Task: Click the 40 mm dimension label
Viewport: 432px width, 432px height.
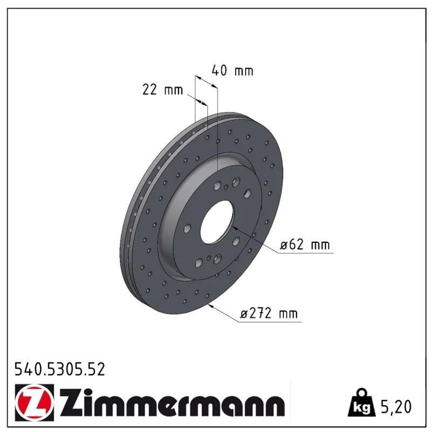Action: coord(232,71)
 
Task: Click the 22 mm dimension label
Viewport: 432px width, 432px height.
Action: coord(163,90)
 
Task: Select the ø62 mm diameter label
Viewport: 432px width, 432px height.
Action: coord(305,245)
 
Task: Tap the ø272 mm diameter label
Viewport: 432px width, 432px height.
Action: coord(268,314)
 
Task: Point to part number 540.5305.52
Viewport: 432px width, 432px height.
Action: coord(60,369)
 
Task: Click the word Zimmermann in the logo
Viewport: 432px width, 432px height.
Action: coord(172,402)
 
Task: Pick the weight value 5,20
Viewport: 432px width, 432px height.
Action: coord(396,407)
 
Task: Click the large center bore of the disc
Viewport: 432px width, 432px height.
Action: coord(217,222)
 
